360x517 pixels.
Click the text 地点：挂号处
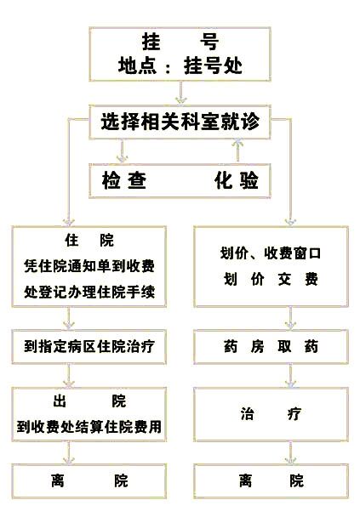pos(180,65)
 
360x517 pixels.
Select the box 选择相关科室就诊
pos(180,122)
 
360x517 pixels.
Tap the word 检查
pos(124,180)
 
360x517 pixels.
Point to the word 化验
pos(237,180)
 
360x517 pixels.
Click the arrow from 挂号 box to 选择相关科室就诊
pos(180,93)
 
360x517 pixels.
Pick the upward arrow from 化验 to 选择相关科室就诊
pos(237,151)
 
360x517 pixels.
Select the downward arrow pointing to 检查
pos(123,151)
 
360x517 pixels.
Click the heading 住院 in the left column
pos(89,240)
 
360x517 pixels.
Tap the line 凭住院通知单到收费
pos(89,266)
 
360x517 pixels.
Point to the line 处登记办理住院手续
pos(89,292)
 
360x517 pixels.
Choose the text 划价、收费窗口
pos(271,253)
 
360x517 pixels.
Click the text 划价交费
pos(271,279)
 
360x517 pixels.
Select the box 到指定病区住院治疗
pos(89,347)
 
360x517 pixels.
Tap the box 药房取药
pos(271,347)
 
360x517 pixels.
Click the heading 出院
pos(89,401)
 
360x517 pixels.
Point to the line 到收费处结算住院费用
pos(89,427)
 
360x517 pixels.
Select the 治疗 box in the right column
pos(271,414)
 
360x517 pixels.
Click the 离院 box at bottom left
pos(89,480)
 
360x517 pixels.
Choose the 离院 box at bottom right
pos(271,480)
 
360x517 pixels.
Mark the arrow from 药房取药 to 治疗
pos(290,376)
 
